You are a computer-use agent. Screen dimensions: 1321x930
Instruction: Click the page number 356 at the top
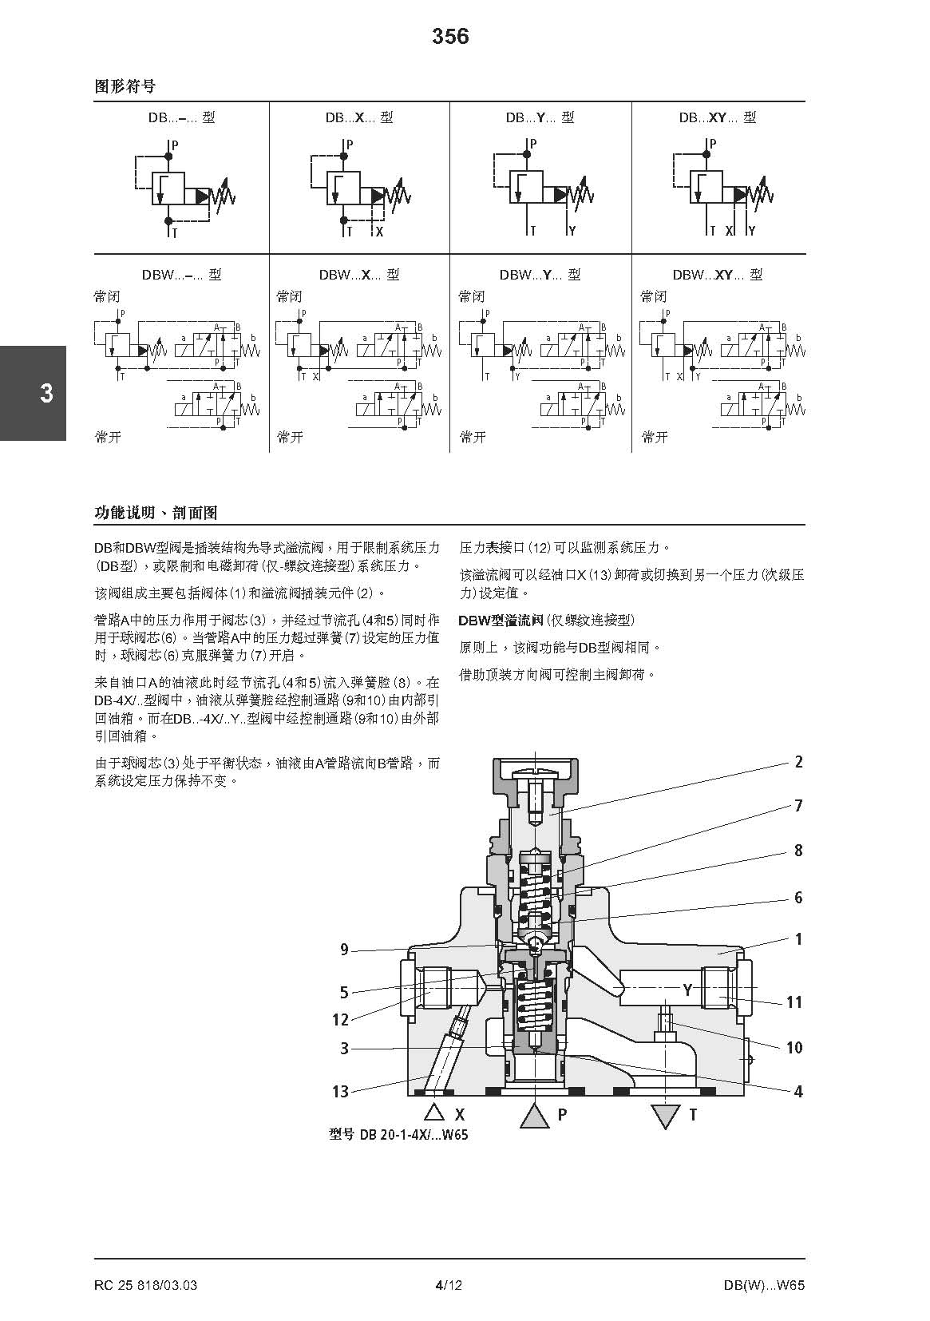pos(450,37)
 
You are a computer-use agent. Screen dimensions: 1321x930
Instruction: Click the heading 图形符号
pos(125,86)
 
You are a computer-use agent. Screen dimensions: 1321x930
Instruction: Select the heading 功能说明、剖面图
pos(156,513)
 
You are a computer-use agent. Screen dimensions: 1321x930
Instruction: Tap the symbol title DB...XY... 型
pos(718,117)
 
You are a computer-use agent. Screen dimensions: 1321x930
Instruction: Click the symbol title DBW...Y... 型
pos(540,275)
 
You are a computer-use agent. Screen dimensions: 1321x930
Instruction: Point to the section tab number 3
pos(46,394)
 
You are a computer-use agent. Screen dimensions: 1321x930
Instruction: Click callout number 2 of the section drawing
pos(797,762)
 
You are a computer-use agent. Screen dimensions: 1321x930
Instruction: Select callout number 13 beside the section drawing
pos(340,1092)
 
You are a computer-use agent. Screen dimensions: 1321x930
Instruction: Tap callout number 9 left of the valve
pos(344,950)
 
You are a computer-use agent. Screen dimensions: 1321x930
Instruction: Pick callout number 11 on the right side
pos(793,1002)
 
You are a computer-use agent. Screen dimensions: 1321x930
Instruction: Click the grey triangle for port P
pos(535,1115)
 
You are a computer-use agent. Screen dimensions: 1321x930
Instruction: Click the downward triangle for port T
pos(666,1116)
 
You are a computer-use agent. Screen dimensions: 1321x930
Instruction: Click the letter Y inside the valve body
pos(687,990)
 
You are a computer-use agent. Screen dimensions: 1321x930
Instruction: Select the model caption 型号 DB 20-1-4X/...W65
pos(398,1135)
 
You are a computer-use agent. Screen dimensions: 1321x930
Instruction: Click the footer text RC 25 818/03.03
pos(145,1285)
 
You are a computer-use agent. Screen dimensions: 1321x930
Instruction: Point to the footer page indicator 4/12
pos(449,1285)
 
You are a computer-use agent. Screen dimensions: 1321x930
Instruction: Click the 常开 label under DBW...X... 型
pos(290,437)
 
